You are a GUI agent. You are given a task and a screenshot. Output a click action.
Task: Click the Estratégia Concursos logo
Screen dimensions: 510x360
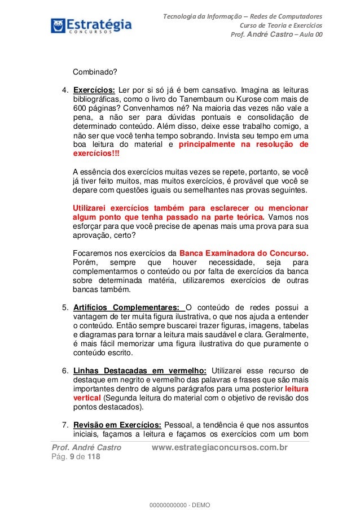tap(90, 25)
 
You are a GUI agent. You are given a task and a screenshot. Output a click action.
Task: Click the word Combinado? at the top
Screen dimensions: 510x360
tap(93, 72)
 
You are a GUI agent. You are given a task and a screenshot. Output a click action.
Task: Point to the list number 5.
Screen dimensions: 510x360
tap(65, 308)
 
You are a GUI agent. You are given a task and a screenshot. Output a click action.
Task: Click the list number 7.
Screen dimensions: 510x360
tap(65, 425)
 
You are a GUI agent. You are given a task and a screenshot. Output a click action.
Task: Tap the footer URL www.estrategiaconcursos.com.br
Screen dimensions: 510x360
tap(221, 448)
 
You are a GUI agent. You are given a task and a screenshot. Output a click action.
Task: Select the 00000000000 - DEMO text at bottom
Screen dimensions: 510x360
tap(179, 503)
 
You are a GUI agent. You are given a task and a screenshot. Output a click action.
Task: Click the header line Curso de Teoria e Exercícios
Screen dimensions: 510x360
tap(282, 25)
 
